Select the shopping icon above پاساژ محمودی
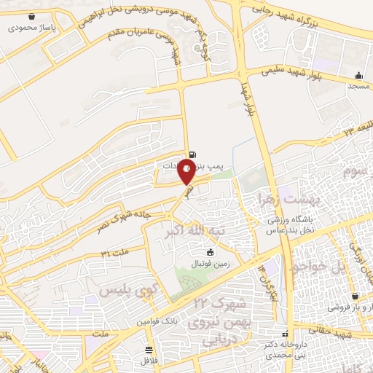tap(31, 16)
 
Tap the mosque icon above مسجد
tap(358, 75)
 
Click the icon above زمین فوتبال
tap(211, 252)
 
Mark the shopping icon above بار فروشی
tap(355, 297)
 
